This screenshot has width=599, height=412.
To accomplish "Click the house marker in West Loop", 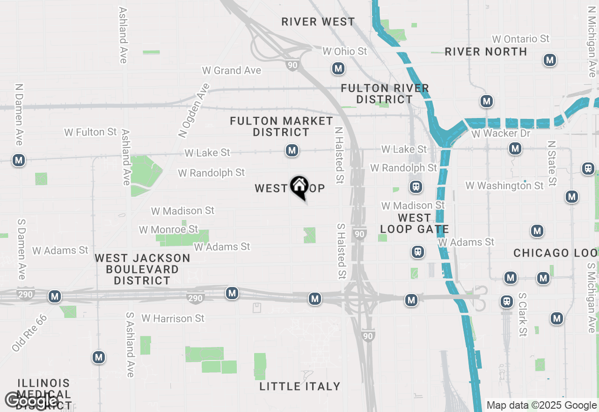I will (x=299, y=186).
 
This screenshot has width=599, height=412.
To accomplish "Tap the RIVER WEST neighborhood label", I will (x=318, y=22).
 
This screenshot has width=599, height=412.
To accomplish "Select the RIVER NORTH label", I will (x=486, y=51).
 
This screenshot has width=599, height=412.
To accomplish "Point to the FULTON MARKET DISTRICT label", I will (x=281, y=126).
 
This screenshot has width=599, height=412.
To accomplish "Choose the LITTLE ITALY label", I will (x=300, y=386).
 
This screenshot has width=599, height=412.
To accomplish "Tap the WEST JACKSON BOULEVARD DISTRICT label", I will (x=143, y=269).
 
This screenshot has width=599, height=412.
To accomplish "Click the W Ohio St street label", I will (x=345, y=51).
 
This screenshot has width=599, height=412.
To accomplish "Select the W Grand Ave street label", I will (x=232, y=70).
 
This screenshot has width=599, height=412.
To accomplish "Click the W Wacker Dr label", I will (x=501, y=133).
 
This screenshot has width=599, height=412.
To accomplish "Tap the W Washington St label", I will (x=504, y=185).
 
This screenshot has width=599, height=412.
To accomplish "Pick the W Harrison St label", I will (x=173, y=318).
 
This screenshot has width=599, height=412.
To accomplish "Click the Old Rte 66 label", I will (x=29, y=333).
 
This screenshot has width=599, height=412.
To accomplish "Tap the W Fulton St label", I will (x=90, y=132).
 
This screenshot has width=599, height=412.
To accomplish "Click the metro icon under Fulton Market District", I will (x=292, y=150).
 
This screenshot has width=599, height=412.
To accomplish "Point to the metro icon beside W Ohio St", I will (x=338, y=68).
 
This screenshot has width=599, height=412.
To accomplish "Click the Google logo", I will (x=32, y=400).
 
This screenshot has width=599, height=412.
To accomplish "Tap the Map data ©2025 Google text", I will (x=541, y=405).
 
